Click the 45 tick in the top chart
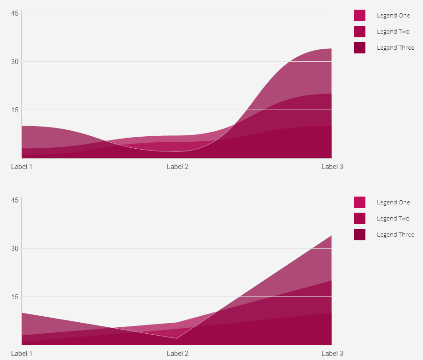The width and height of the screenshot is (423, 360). click(15, 13)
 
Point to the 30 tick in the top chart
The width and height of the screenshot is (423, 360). click(15, 62)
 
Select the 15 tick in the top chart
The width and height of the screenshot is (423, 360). click(15, 110)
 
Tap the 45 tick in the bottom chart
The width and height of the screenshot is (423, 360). click(15, 200)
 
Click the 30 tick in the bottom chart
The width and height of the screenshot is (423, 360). click(15, 249)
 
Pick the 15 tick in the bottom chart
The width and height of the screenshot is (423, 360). click(15, 297)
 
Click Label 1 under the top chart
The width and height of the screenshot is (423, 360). click(22, 167)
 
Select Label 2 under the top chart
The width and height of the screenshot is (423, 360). click(177, 167)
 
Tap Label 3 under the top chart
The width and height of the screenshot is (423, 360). click(332, 167)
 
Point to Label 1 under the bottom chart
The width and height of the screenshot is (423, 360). click(22, 354)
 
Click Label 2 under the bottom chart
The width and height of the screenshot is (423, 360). click(177, 354)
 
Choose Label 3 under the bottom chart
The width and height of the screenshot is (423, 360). click(332, 354)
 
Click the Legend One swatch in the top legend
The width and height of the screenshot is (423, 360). click(359, 16)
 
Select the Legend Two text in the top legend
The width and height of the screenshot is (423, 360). click(393, 32)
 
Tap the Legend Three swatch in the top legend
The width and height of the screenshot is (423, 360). click(359, 48)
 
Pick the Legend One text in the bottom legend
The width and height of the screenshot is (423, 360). click(393, 203)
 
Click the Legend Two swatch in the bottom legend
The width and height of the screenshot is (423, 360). click(359, 219)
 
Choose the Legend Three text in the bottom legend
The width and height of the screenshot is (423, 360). click(395, 235)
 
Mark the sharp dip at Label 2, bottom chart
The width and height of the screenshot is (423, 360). click(176, 338)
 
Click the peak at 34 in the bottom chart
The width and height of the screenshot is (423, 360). click(331, 236)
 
